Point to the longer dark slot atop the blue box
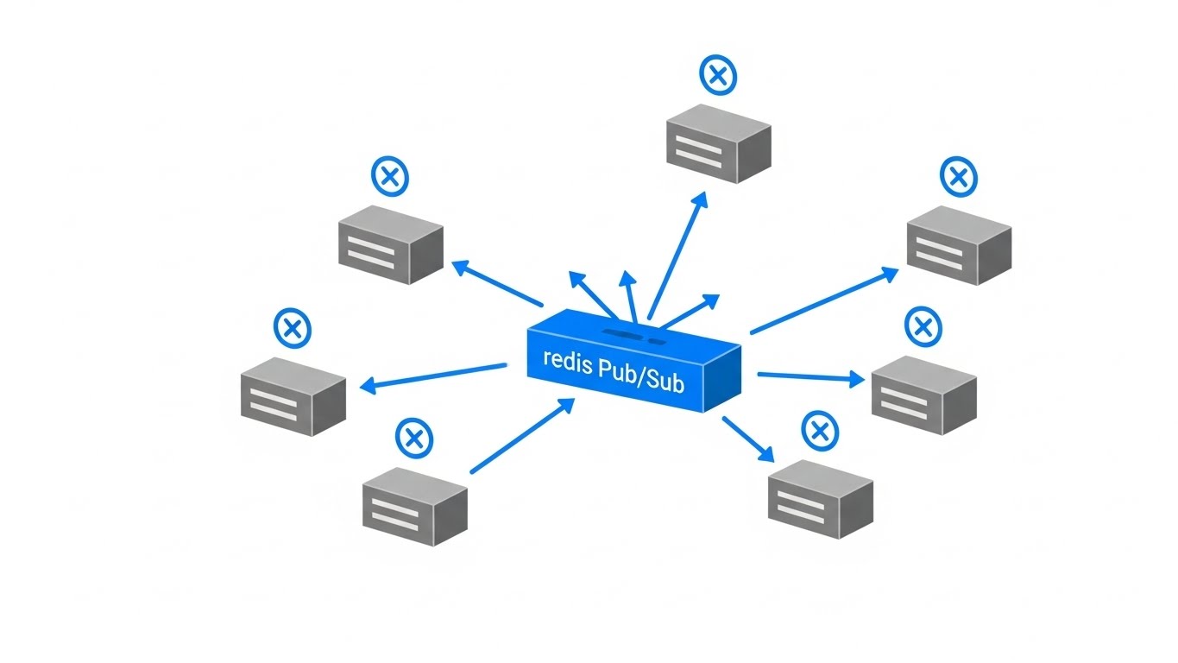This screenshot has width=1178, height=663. click(621, 332)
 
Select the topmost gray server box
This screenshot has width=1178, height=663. click(718, 143)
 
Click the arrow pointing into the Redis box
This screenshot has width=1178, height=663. click(521, 436)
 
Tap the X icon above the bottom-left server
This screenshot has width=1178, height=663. click(414, 438)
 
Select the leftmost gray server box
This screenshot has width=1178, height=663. click(293, 395)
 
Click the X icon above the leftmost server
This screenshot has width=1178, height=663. click(292, 328)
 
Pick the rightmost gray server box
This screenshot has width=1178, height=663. click(959, 245)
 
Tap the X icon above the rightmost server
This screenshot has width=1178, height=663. click(957, 178)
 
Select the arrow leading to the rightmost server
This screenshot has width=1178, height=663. click(824, 300)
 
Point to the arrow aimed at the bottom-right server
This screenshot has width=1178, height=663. click(747, 439)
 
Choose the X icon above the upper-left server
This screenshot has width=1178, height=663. click(389, 176)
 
